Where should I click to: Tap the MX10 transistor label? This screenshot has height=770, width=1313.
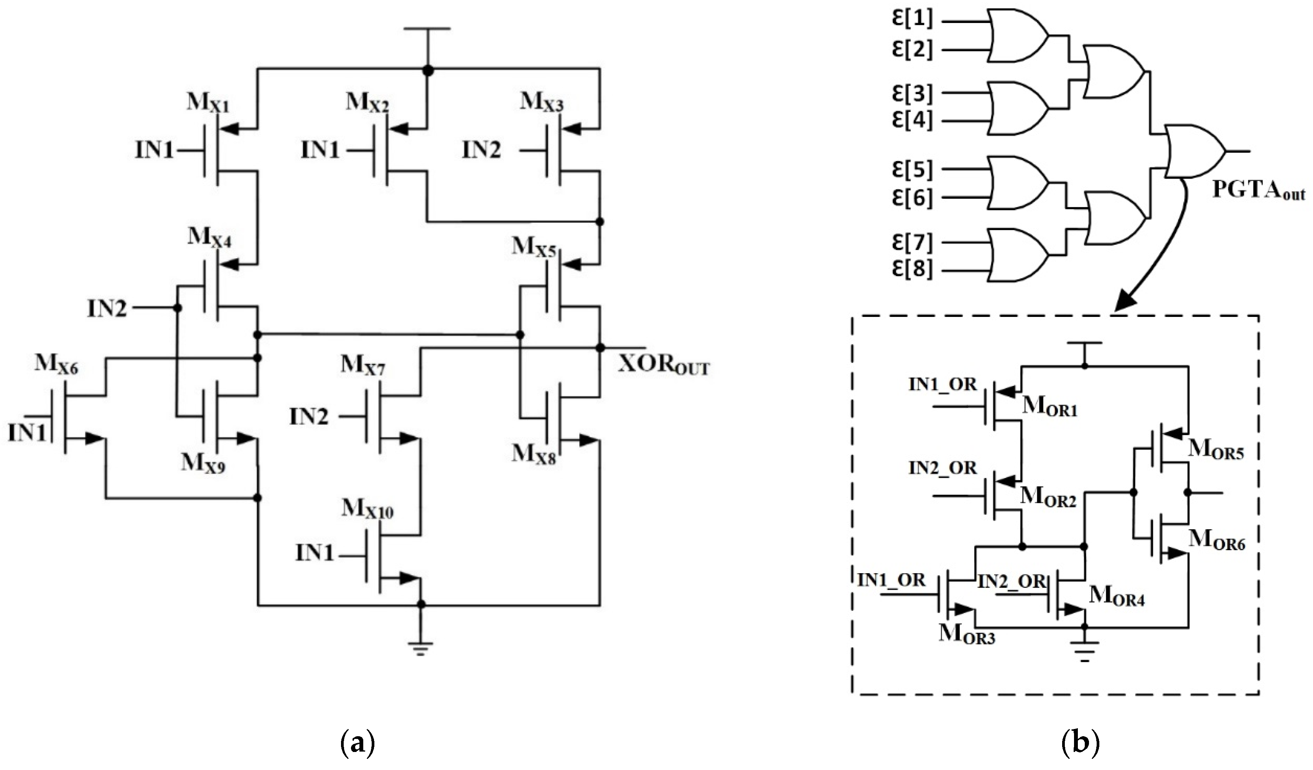[367, 508]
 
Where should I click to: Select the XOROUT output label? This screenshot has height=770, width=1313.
[663, 366]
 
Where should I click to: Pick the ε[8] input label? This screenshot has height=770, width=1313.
[912, 269]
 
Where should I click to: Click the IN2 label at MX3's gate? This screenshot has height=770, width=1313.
[481, 150]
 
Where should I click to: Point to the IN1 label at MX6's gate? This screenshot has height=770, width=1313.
[27, 432]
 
